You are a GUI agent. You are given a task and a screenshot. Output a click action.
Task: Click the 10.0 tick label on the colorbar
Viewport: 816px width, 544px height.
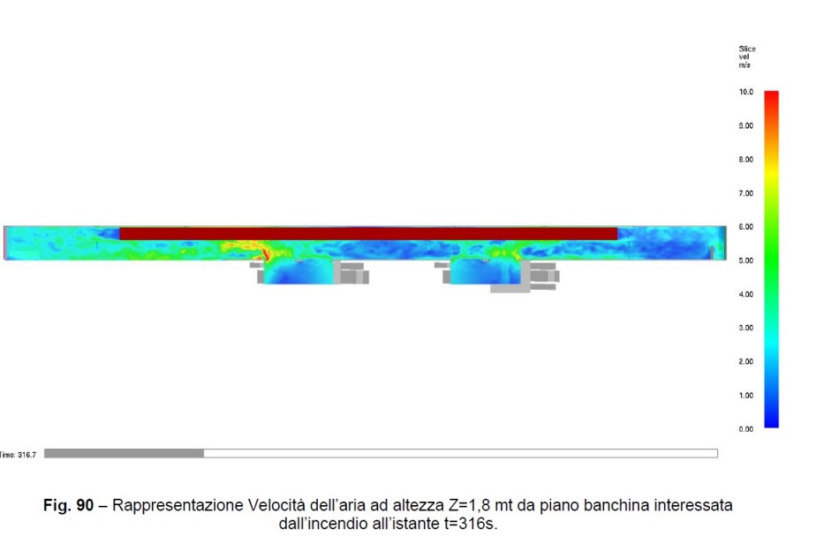[745, 92]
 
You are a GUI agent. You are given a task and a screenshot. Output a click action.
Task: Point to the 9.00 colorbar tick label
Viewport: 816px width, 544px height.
[745, 125]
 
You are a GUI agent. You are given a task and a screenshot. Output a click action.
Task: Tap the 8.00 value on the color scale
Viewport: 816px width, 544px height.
[745, 159]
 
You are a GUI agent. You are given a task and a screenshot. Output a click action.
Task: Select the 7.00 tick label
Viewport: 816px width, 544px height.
[745, 193]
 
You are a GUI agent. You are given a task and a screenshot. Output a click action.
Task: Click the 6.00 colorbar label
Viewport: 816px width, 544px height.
[745, 226]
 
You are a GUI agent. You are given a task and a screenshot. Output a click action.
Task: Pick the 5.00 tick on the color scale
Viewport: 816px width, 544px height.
[745, 261]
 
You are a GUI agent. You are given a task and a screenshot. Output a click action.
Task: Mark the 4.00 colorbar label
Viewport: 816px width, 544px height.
[745, 294]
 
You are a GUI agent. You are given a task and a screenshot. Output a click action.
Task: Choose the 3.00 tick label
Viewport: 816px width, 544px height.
[745, 328]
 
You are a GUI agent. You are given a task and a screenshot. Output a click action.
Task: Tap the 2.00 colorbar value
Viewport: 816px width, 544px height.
[745, 361]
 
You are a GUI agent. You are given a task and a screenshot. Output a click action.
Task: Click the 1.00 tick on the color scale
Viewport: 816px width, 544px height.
[745, 395]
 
